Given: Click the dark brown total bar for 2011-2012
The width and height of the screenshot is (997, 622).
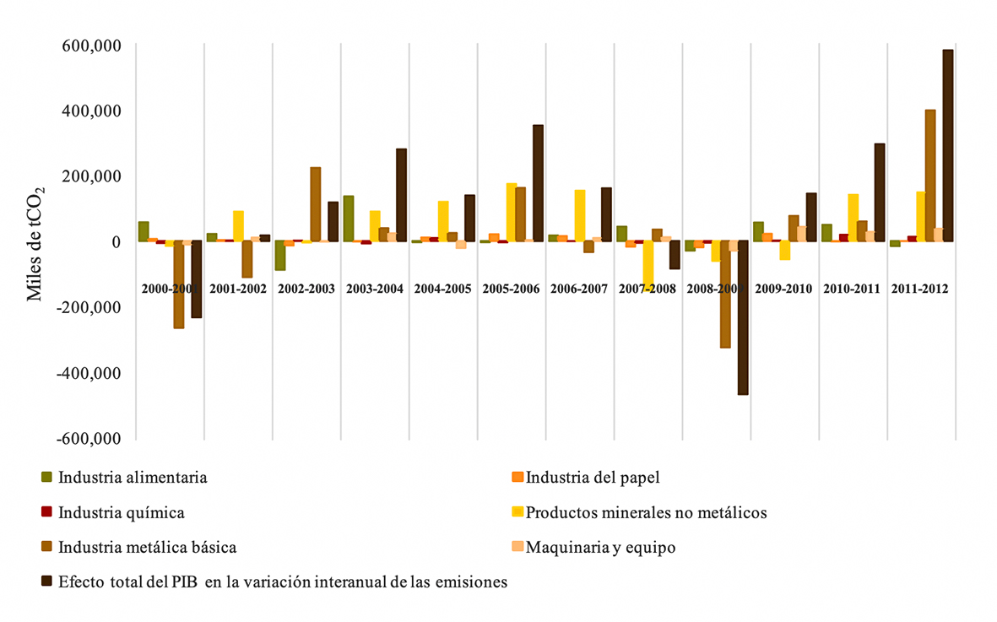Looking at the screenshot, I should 948,145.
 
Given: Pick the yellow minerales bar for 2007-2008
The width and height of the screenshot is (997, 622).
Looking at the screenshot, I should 648,265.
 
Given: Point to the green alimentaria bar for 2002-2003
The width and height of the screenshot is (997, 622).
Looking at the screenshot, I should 279,256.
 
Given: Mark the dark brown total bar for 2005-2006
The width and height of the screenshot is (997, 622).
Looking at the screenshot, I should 538,183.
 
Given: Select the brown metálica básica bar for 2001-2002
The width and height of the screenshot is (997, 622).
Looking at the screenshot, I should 247,259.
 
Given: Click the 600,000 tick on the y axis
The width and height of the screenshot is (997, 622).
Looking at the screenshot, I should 89,45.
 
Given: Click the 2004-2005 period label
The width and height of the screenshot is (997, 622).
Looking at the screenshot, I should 443,289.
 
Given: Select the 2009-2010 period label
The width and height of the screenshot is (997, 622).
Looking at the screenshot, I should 784,289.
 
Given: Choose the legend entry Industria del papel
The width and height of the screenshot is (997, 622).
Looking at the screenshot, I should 592,478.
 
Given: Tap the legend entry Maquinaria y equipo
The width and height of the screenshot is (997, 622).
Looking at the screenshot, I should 600,547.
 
